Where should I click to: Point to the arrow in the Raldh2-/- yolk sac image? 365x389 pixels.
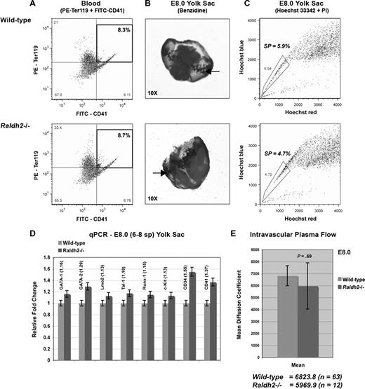161,172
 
